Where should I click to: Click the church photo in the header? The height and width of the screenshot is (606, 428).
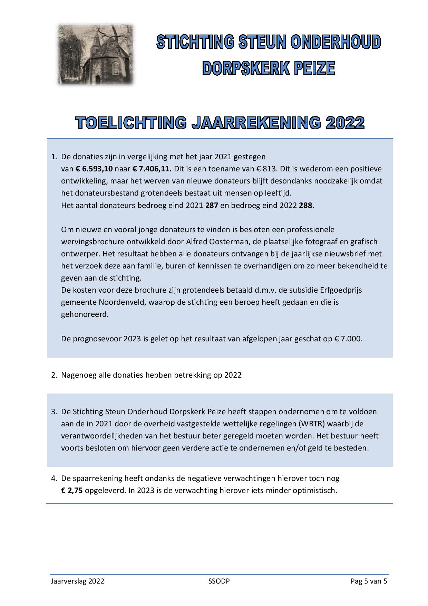[x=96, y=55]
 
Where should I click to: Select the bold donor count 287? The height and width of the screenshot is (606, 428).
[x=212, y=205]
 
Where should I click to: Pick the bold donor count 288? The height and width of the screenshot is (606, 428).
[x=306, y=205]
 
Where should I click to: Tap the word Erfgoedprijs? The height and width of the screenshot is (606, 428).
[x=340, y=290]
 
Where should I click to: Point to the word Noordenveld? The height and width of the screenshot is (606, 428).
[x=120, y=302]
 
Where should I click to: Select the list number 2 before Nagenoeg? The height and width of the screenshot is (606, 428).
[x=54, y=375]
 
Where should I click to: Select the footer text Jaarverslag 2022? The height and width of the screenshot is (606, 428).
[x=77, y=581]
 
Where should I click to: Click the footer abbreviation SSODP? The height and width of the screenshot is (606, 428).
[x=219, y=581]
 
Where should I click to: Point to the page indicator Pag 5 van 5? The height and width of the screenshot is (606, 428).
[x=369, y=581]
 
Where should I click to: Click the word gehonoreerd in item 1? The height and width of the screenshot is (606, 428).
[x=85, y=314]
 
